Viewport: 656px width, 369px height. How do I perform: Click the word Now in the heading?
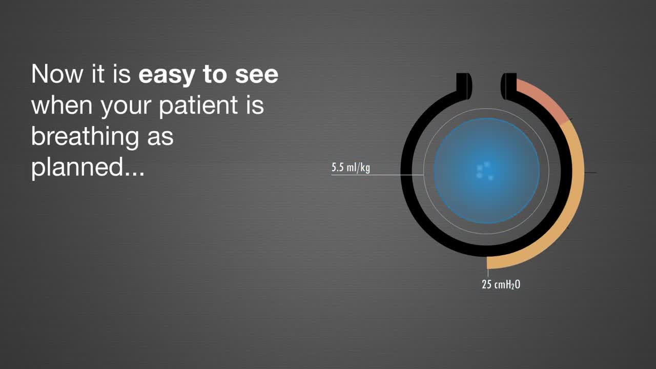point(57,74)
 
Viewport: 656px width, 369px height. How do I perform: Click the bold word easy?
point(167,75)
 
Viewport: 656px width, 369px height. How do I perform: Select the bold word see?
point(257,75)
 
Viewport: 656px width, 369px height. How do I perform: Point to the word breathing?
point(85,137)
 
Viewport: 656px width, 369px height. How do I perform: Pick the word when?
point(62,106)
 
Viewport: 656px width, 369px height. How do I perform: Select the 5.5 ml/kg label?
point(351,168)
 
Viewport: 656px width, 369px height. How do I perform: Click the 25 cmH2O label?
point(501,284)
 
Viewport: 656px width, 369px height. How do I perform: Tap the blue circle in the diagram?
point(487,171)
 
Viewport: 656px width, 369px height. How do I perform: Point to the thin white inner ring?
point(423,171)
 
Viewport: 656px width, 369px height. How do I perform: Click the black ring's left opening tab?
point(464,86)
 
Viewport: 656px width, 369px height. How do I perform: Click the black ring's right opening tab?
point(509,86)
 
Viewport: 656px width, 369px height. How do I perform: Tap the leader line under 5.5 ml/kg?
point(378,175)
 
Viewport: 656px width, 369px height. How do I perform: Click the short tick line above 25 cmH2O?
point(488,273)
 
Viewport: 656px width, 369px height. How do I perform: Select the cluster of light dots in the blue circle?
point(485,171)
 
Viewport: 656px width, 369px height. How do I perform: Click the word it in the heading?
point(98,74)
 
